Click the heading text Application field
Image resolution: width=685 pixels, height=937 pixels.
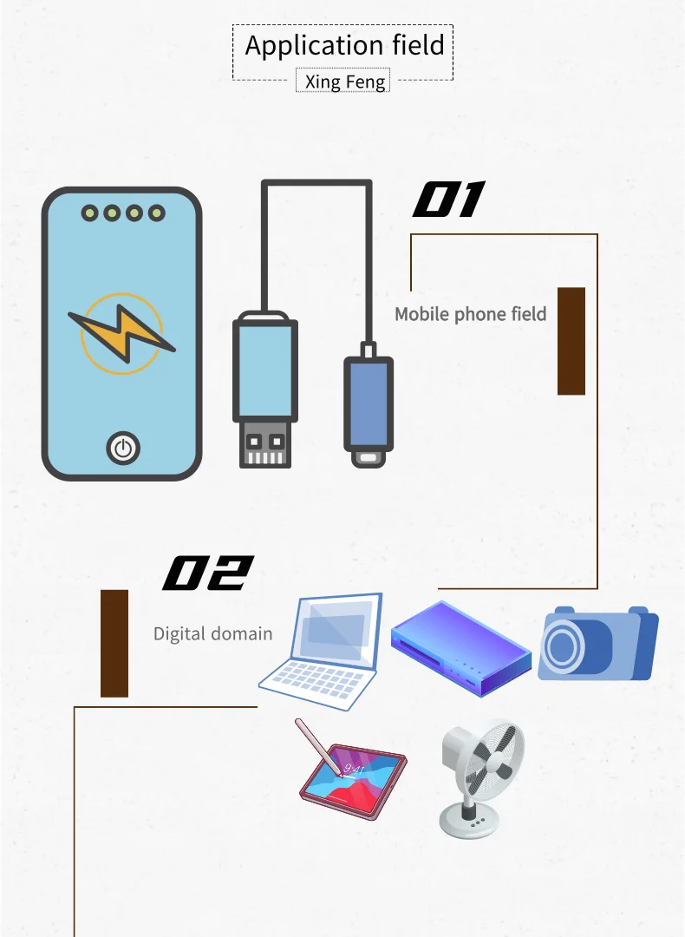tap(344, 45)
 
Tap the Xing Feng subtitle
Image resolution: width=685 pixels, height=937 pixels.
tap(342, 82)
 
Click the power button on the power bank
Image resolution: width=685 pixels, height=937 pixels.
tap(122, 448)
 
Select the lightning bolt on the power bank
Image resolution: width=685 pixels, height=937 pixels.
tap(121, 333)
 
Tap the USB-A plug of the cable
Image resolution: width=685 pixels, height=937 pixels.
tap(264, 390)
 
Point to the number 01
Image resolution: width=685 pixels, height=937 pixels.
tap(447, 200)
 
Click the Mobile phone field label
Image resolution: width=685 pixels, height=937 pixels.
tap(470, 314)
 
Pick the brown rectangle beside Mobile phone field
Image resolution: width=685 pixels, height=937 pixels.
tap(571, 341)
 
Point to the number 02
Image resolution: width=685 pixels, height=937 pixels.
tap(208, 573)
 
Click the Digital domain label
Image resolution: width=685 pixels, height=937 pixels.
tap(212, 634)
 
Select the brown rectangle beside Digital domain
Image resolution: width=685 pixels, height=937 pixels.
tap(114, 643)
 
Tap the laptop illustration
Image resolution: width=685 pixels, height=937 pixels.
tap(322, 651)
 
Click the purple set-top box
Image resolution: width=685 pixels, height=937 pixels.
tap(460, 646)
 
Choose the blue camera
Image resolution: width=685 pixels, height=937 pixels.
tap(597, 644)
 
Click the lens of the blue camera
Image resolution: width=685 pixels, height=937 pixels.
tap(564, 646)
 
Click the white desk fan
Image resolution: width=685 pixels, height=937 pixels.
tap(479, 776)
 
